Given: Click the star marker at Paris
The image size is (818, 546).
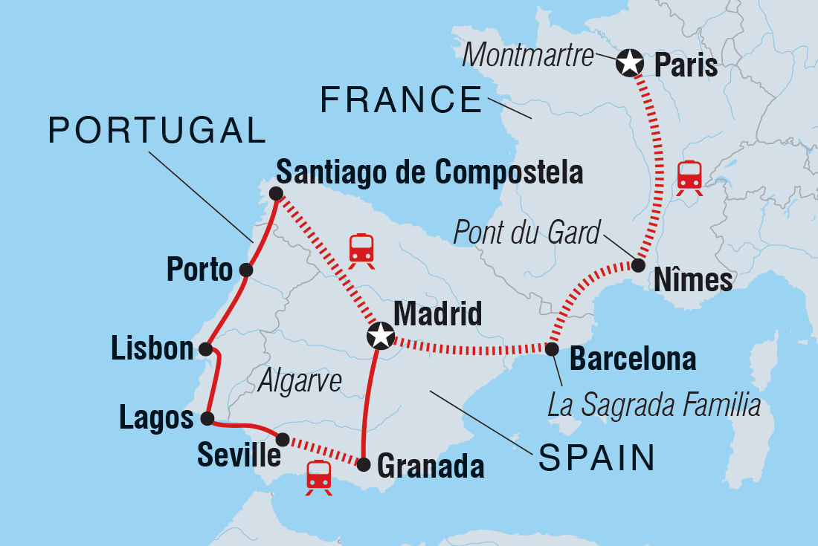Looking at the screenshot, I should [629, 63].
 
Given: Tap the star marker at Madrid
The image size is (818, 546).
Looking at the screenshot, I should [381, 336].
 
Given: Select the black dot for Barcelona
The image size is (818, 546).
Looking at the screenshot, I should [552, 349].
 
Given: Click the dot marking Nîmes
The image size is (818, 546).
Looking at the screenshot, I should [638, 264].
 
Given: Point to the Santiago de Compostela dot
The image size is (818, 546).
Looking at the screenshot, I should [275, 194].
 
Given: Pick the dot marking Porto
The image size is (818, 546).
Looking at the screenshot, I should [246, 270].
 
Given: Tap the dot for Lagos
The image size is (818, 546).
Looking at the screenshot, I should [207, 418].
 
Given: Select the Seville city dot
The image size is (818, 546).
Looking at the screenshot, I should [283, 439].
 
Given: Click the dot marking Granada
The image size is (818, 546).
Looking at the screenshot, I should [364, 465].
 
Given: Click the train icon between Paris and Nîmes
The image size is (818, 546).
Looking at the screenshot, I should [689, 178].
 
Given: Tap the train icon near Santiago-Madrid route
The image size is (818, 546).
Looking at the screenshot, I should [361, 250].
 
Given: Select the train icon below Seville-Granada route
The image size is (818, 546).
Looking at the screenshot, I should [319, 476].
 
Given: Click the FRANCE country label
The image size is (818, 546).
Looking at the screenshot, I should [402, 100].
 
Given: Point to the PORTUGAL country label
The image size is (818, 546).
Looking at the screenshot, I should [157, 131].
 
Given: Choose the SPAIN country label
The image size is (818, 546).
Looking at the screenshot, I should [596, 458].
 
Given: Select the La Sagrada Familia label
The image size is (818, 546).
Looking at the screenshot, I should [654, 406].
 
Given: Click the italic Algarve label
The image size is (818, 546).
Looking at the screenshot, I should [300, 381].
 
